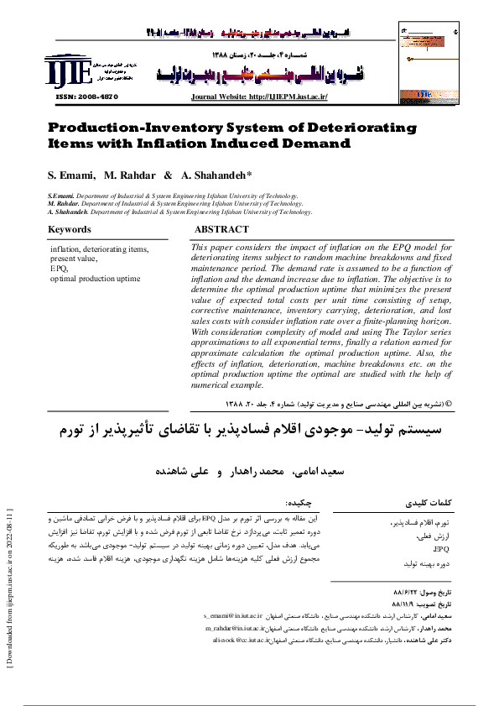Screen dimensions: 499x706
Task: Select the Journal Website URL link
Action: pyautogui.click(x=258, y=97)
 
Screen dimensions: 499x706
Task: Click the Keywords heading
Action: pyautogui.click(x=70, y=230)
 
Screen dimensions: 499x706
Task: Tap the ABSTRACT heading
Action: pyautogui.click(x=221, y=229)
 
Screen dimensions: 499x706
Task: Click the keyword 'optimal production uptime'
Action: pyautogui.click(x=96, y=277)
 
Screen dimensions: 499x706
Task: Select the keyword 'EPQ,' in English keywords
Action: pyautogui.click(x=60, y=268)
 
